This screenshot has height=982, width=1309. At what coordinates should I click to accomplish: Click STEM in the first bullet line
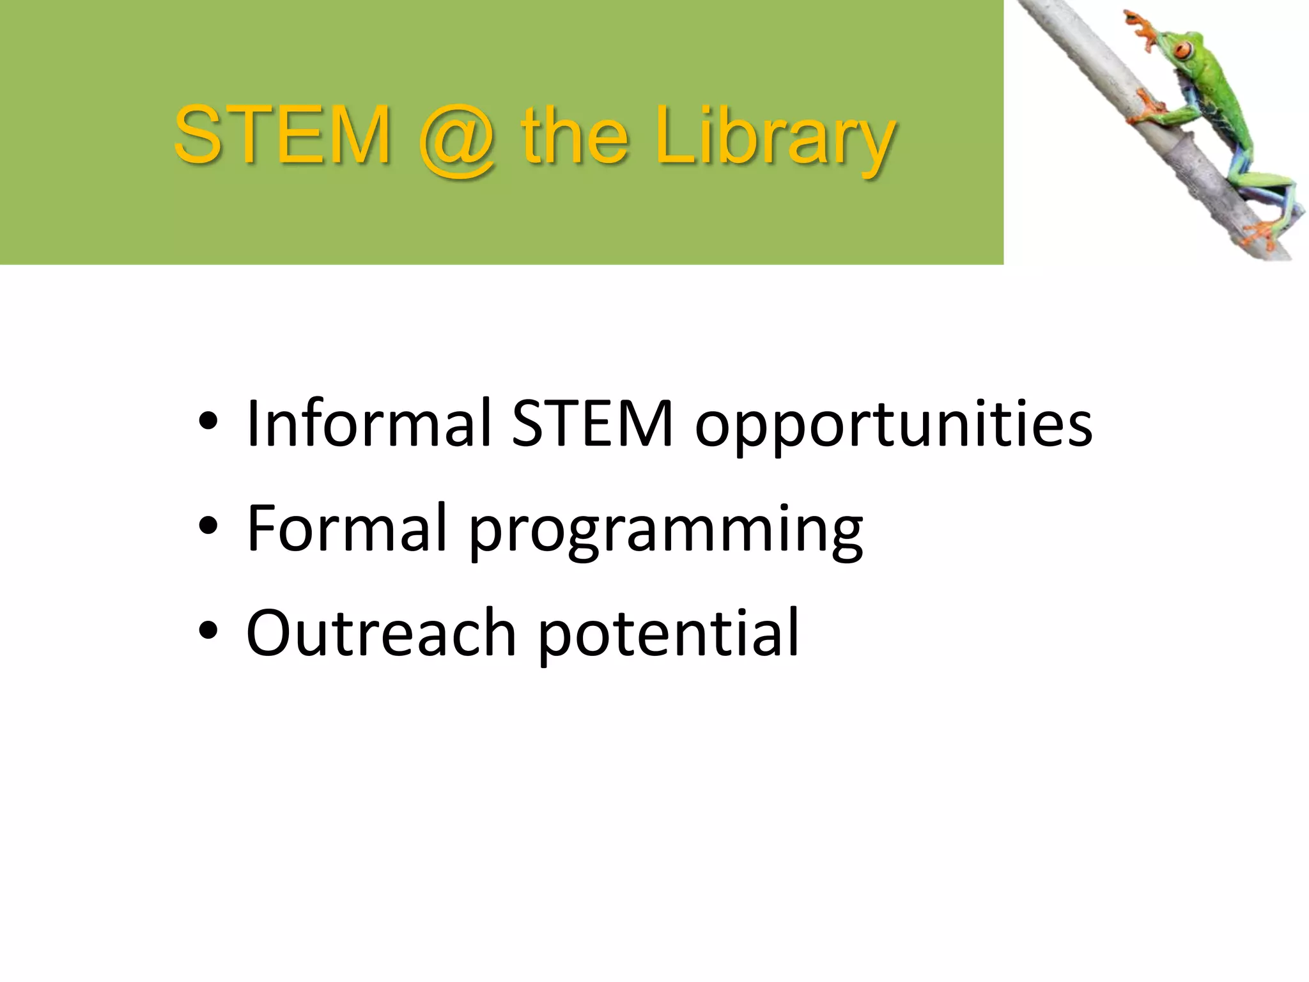(593, 423)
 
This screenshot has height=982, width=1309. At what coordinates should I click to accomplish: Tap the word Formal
(346, 527)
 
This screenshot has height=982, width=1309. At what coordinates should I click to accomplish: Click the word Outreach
(381, 633)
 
